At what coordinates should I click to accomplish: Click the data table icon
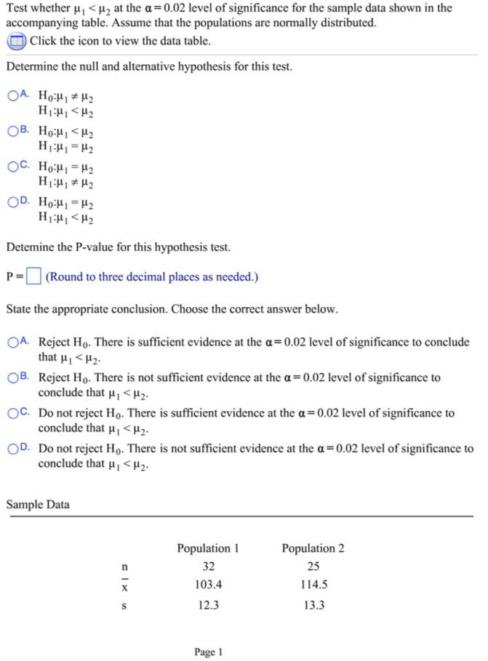[16, 41]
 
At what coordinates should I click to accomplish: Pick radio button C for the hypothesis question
[13, 166]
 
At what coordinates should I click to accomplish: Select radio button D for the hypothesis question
[13, 200]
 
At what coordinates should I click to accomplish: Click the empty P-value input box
[33, 276]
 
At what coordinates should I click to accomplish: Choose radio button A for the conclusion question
[13, 342]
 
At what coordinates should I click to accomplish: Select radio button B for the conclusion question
[13, 377]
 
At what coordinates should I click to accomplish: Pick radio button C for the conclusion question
[13, 413]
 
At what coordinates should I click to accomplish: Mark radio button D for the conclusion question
[13, 449]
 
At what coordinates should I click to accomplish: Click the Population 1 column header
[208, 548]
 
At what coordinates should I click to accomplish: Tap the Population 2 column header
[313, 548]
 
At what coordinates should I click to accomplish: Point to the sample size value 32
[208, 566]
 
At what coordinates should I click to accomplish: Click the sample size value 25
[313, 566]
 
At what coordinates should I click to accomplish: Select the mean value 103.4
[208, 585]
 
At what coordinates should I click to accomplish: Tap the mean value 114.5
[313, 585]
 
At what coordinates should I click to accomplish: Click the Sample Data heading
[38, 503]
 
